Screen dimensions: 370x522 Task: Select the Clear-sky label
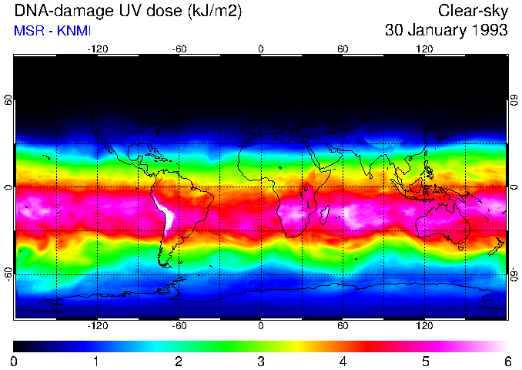(x=473, y=11)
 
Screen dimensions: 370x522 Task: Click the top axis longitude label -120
(x=98, y=49)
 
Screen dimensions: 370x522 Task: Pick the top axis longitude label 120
(x=424, y=49)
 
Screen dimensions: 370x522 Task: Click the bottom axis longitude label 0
(x=261, y=326)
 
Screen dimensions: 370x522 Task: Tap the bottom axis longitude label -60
(x=179, y=326)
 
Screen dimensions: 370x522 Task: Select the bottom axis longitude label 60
(x=343, y=326)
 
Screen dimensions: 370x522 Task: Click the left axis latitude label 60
(x=8, y=100)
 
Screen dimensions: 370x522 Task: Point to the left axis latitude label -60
(x=8, y=274)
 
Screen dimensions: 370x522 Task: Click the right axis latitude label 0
(x=514, y=187)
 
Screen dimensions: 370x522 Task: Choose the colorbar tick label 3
(x=261, y=361)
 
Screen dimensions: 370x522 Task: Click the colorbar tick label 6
(x=507, y=361)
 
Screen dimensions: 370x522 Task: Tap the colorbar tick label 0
(x=15, y=361)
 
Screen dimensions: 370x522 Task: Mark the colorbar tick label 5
(x=425, y=361)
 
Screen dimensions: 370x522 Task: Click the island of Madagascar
(x=326, y=214)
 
